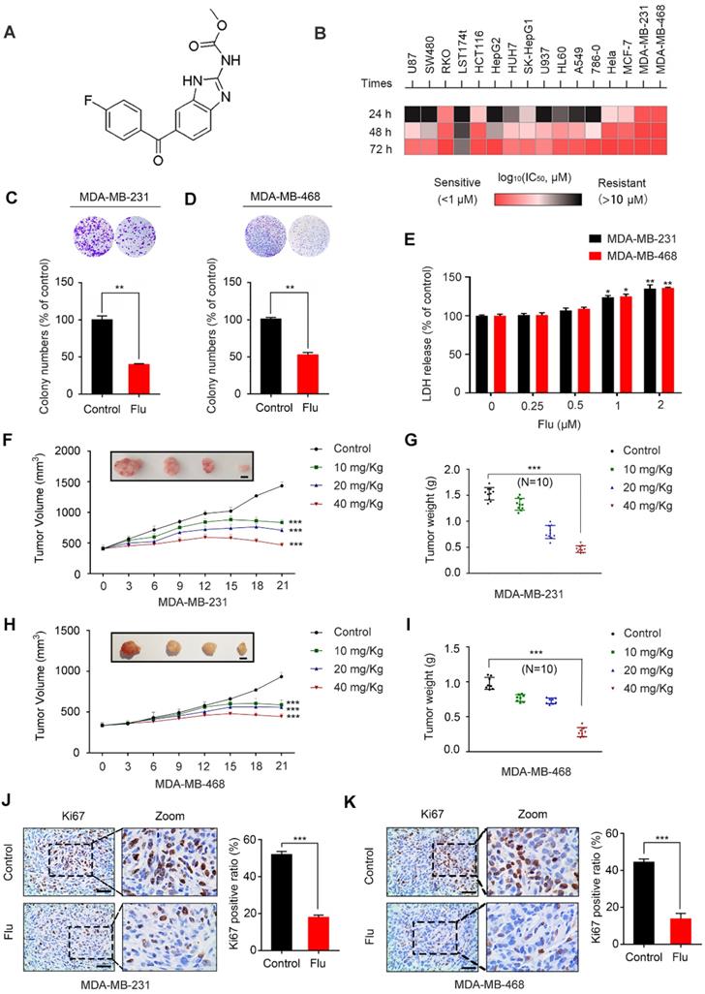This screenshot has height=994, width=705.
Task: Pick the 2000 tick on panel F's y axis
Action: coord(66,450)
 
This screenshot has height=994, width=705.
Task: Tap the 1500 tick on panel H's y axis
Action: coord(66,630)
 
